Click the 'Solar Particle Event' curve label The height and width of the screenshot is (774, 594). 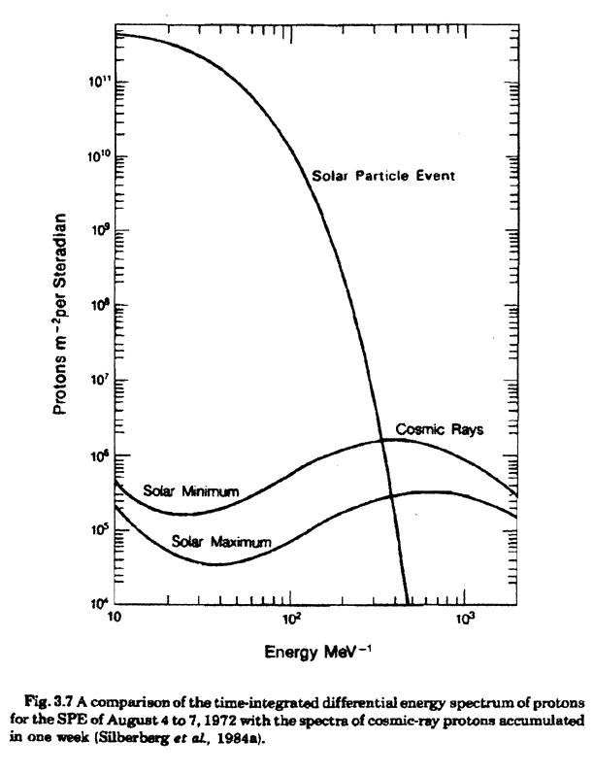[x=383, y=176]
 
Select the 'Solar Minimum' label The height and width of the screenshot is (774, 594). [x=190, y=490]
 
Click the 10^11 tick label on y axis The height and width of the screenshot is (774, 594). [x=97, y=83]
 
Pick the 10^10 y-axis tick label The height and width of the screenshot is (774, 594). [x=97, y=157]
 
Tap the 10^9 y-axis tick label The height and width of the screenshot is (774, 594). [x=99, y=232]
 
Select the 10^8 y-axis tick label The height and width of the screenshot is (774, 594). [x=99, y=307]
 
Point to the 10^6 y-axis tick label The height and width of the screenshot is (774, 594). [x=99, y=455]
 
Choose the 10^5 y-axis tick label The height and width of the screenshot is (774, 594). [x=99, y=530]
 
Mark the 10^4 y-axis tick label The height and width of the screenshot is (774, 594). [x=99, y=604]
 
